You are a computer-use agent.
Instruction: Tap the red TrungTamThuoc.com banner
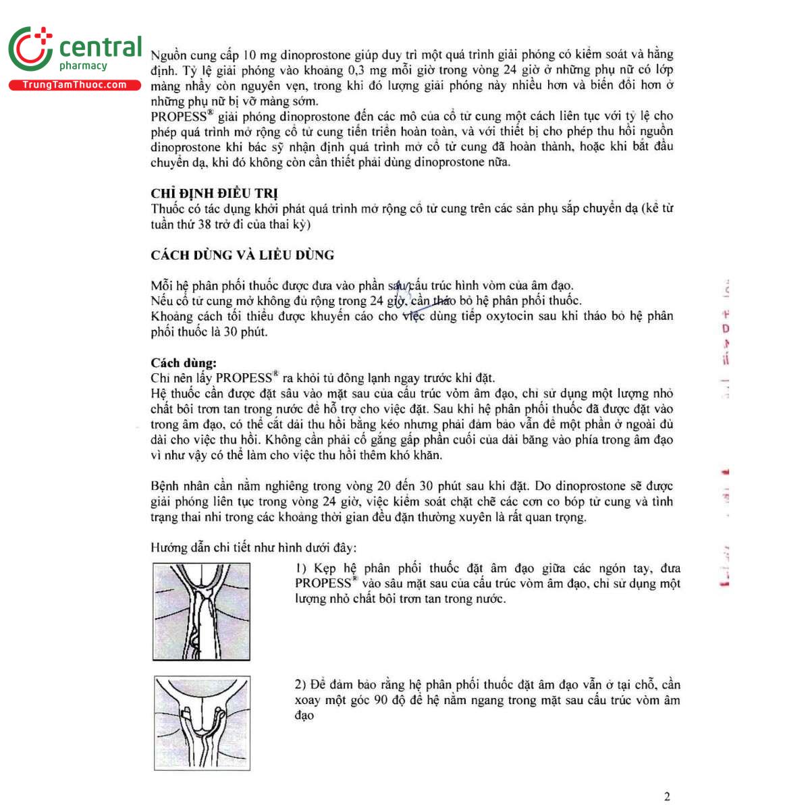tap(74, 85)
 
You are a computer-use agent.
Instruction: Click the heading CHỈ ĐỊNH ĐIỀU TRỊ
tap(214, 193)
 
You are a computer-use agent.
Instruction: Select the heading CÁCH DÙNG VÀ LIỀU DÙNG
tap(242, 255)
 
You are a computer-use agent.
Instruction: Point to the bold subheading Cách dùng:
tap(184, 363)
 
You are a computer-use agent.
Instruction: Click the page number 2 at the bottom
tap(667, 796)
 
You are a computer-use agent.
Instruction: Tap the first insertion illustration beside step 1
tap(202, 612)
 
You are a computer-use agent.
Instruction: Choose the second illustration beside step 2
tap(202, 723)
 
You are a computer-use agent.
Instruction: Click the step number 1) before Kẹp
tap(301, 568)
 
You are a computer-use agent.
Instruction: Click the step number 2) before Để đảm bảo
tap(301, 684)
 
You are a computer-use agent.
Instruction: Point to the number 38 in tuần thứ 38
tap(205, 224)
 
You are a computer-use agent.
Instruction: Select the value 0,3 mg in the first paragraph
tap(367, 70)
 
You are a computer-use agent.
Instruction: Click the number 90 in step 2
tap(381, 700)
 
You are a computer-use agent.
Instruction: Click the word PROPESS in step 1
tap(323, 584)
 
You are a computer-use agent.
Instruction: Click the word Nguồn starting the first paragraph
tap(168, 55)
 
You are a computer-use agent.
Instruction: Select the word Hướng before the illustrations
tap(169, 547)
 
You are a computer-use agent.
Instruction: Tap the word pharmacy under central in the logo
tap(83, 65)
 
